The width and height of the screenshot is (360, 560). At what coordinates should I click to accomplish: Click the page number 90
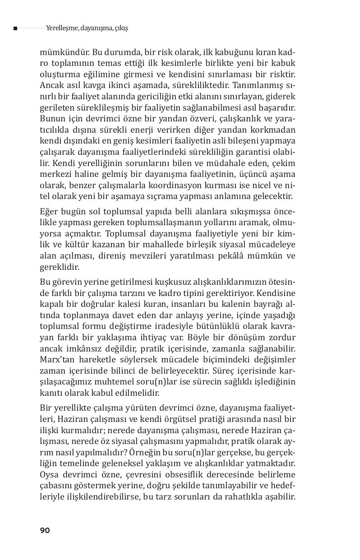click(x=45, y=530)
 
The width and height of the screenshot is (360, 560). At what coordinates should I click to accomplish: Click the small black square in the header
click(x=15, y=28)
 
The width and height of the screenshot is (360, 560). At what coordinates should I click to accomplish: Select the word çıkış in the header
click(x=121, y=28)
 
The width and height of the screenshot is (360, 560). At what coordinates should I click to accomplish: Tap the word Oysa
click(x=50, y=474)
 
